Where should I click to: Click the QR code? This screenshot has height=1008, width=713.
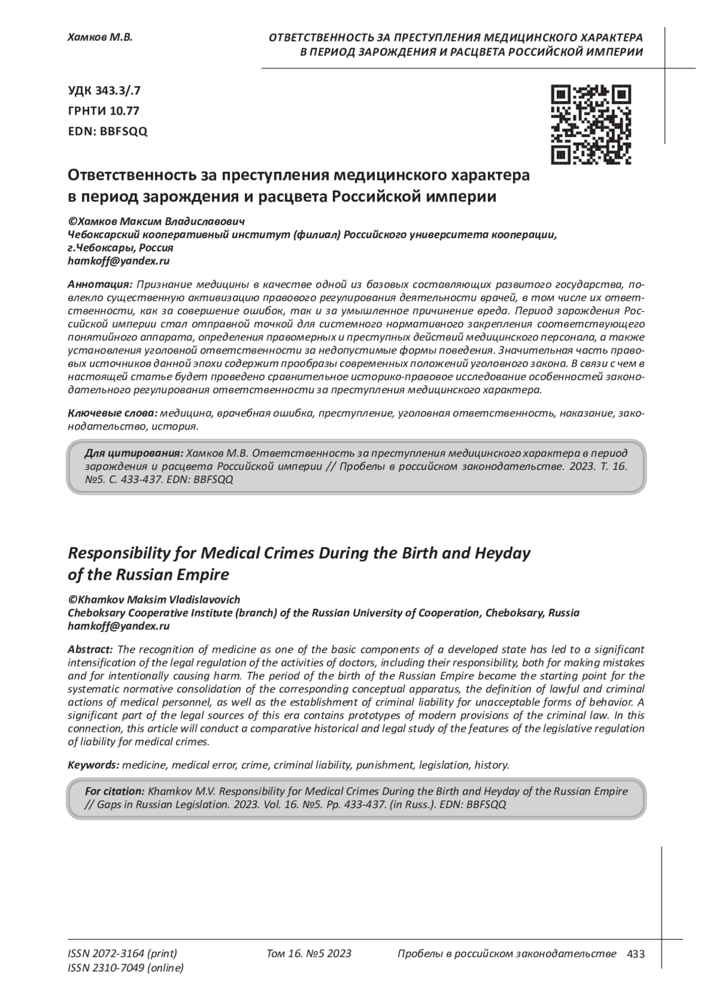pyautogui.click(x=591, y=124)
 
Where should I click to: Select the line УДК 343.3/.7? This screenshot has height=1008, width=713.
pyautogui.click(x=104, y=91)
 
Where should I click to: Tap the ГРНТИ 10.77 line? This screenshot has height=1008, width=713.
pyautogui.click(x=104, y=111)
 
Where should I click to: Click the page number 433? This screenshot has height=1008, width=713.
pyautogui.click(x=636, y=954)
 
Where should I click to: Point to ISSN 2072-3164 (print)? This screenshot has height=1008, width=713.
pyautogui.click(x=122, y=953)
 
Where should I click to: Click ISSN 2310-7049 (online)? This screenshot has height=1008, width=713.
pyautogui.click(x=126, y=968)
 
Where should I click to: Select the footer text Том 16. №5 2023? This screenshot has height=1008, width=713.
pyautogui.click(x=309, y=953)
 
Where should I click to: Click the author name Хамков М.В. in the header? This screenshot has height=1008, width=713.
pyautogui.click(x=100, y=37)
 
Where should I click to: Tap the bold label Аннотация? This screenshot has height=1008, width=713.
pyautogui.click(x=100, y=283)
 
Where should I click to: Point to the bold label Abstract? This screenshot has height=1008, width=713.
pyautogui.click(x=90, y=649)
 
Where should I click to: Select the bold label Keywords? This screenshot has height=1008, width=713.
pyautogui.click(x=93, y=765)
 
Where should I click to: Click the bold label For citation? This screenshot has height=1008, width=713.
pyautogui.click(x=115, y=791)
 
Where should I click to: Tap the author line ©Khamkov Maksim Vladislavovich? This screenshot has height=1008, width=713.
pyautogui.click(x=154, y=600)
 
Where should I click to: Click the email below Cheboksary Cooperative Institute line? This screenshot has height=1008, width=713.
pyautogui.click(x=119, y=625)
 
